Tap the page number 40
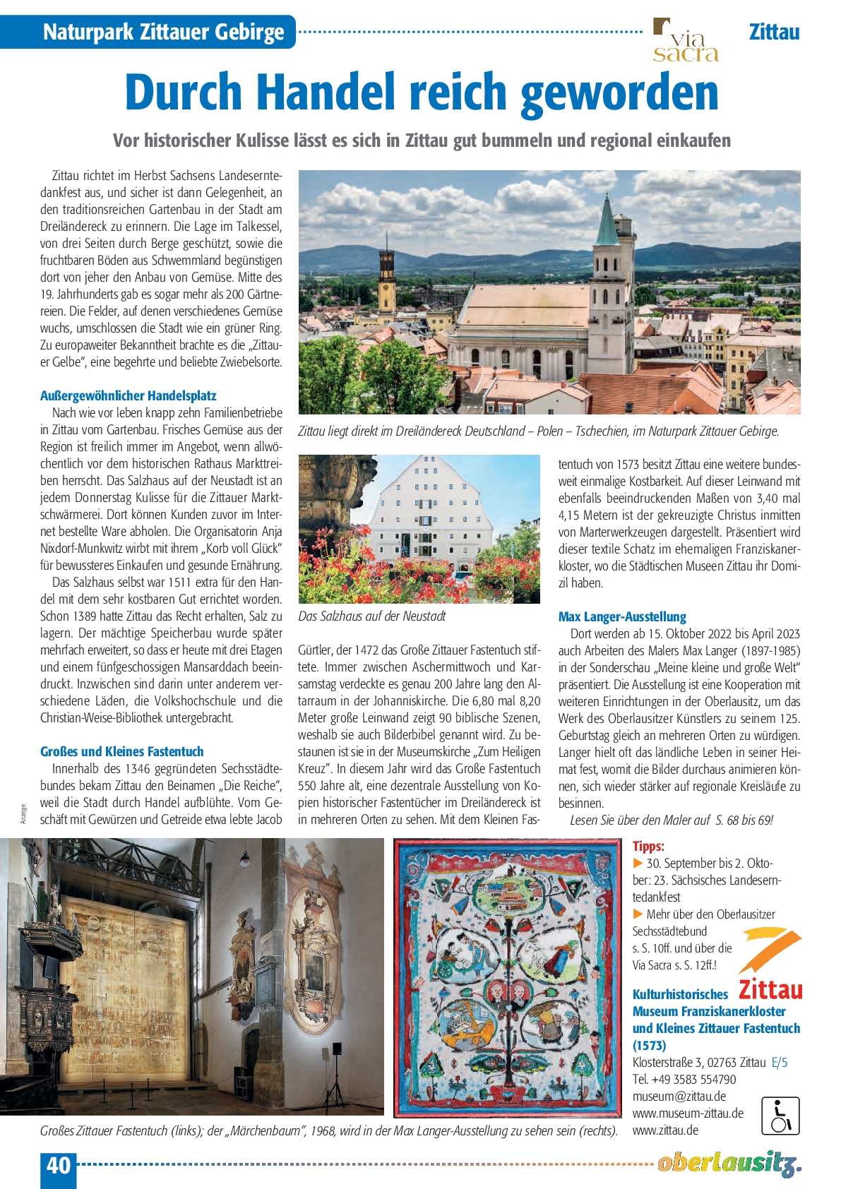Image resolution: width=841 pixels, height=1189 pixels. tap(58, 1164)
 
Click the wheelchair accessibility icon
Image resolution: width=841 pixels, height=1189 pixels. tap(780, 1116)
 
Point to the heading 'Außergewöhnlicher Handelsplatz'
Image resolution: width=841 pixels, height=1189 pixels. tap(128, 395)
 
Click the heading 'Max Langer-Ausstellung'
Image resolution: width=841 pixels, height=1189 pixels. tap(622, 616)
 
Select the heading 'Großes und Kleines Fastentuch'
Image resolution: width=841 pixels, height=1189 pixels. tap(121, 751)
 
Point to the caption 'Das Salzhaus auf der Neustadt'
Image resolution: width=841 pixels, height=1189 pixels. tap(371, 616)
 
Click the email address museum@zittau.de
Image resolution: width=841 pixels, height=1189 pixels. tap(679, 1096)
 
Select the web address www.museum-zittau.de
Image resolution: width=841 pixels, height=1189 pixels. tap(688, 1113)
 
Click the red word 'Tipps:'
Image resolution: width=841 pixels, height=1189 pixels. tap(648, 846)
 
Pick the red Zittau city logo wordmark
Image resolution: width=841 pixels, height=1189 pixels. tap(770, 988)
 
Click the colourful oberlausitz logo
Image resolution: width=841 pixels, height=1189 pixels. tap(729, 1163)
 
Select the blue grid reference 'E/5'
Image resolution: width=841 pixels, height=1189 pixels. tap(780, 1062)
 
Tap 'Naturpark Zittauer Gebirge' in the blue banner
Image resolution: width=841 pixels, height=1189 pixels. tap(163, 32)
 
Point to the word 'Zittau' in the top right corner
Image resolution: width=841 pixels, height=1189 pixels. tap(774, 32)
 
